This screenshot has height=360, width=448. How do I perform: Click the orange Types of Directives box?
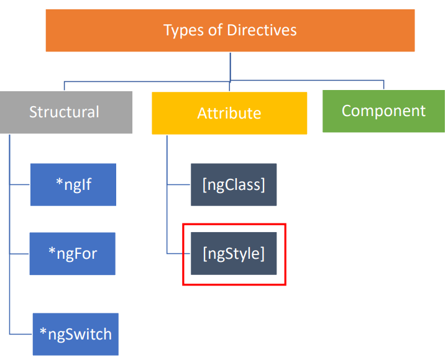pyautogui.click(x=230, y=30)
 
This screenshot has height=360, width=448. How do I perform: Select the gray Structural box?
pyautogui.click(x=66, y=112)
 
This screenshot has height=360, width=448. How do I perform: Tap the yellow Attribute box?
pyautogui.click(x=229, y=113)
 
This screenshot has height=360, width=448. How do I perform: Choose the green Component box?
pyautogui.click(x=384, y=111)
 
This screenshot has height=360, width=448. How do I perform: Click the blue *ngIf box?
pyautogui.click(x=73, y=184)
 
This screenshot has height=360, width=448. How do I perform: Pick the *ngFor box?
pyautogui.click(x=73, y=253)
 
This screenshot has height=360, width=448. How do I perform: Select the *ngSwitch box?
pyautogui.click(x=76, y=334)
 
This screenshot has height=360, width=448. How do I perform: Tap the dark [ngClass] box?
pyautogui.click(x=234, y=184)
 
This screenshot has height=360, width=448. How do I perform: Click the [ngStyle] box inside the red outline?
pyautogui.click(x=234, y=253)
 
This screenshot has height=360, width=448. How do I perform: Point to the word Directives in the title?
pyautogui.click(x=262, y=30)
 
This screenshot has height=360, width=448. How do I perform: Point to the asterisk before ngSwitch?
pyautogui.click(x=43, y=331)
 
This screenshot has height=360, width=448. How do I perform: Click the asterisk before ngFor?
pyautogui.click(x=52, y=251)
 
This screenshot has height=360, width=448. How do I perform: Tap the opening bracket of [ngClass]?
pyautogui.click(x=204, y=185)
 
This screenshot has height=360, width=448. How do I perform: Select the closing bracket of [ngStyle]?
pyautogui.click(x=262, y=253)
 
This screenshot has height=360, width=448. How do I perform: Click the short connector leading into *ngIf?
pyautogui.click(x=20, y=184)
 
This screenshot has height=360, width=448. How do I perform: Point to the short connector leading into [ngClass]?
pyautogui.click(x=179, y=184)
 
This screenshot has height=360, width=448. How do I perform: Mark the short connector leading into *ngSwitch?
pyautogui.click(x=21, y=334)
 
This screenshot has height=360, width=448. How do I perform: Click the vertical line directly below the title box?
pyautogui.click(x=231, y=66)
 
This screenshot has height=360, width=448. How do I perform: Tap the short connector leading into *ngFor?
pyautogui.click(x=20, y=253)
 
